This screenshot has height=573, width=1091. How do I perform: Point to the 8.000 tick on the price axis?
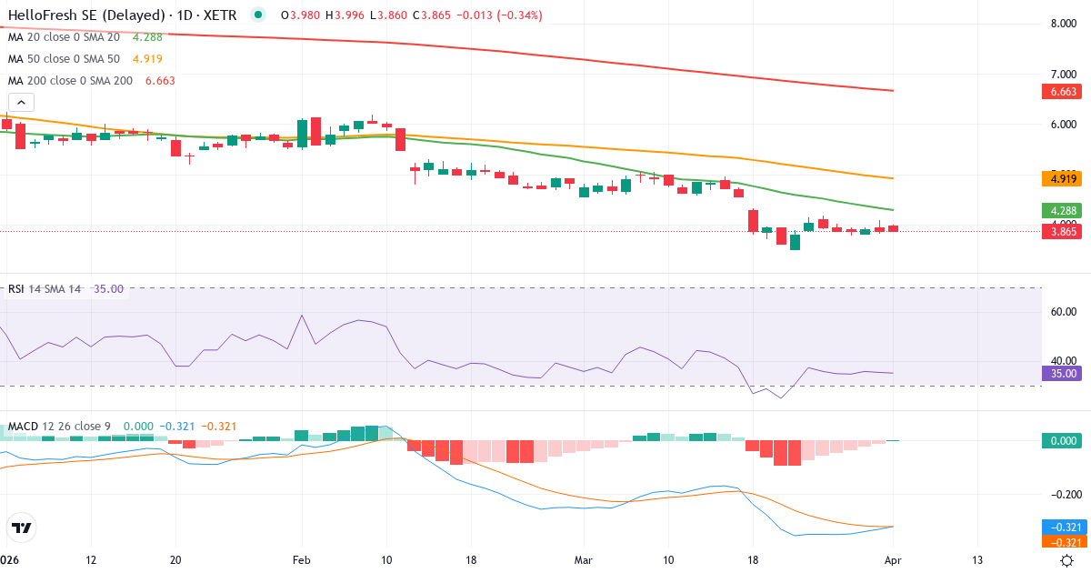click(1064, 25)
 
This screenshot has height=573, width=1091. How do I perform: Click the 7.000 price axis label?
click(1064, 75)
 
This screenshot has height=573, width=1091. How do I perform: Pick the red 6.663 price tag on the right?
click(1063, 91)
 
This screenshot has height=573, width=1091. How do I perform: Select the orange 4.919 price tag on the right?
click(1063, 179)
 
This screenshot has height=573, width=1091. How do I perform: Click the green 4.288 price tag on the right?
click(1063, 210)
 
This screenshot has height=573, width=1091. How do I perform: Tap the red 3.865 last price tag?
click(1063, 232)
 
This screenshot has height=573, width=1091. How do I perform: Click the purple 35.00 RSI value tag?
click(1063, 373)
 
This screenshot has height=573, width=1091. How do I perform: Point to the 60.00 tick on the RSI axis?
click(1064, 312)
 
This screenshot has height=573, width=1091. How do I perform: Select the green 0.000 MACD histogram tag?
click(1063, 440)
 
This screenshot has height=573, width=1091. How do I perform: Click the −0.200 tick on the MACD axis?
click(1062, 495)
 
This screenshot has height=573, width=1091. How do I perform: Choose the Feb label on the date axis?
click(302, 560)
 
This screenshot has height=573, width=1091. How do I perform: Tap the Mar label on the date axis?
click(583, 560)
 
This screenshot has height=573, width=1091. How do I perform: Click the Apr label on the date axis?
click(894, 560)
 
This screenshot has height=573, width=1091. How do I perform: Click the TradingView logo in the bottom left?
click(22, 528)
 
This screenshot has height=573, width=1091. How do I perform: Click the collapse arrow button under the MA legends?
click(21, 103)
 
